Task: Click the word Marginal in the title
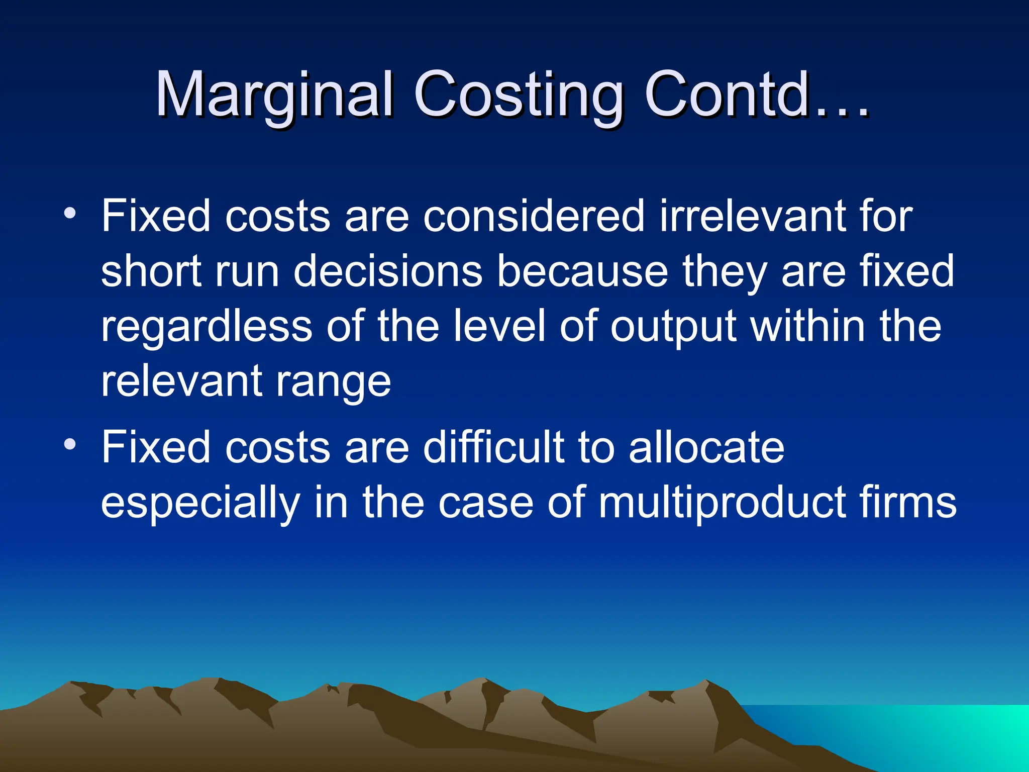[274, 94]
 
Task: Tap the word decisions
[387, 271]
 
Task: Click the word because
[583, 271]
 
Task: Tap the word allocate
[706, 447]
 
